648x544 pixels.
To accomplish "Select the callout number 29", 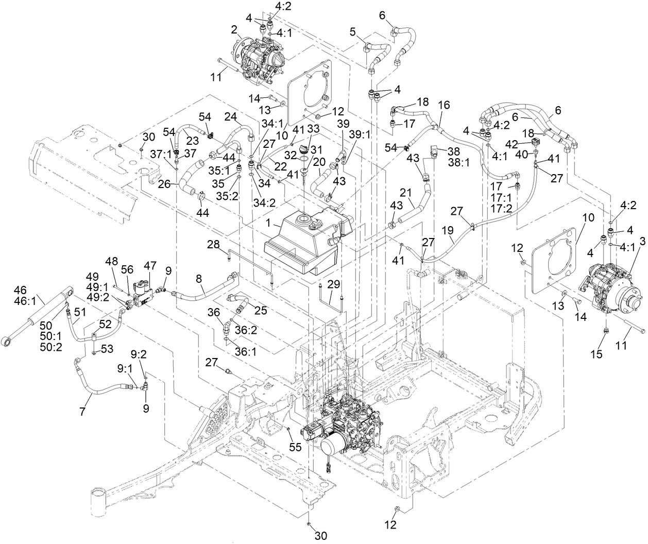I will pos(334,283).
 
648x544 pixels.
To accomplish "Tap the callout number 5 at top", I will pos(352,31).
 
